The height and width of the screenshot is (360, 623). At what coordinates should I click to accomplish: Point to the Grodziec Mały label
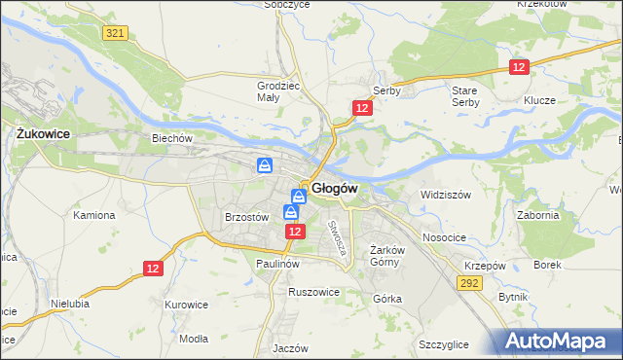coord(276,91)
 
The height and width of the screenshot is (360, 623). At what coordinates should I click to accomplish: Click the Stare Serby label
coord(465,96)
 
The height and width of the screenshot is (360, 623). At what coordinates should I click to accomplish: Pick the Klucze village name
coord(538,100)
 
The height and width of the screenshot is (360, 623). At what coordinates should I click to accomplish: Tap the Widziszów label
coord(445,195)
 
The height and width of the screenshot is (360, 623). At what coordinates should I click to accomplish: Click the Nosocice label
coord(444,237)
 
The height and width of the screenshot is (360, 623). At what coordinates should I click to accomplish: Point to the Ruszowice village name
coord(313,291)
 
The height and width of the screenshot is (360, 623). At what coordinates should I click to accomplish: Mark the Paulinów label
coord(276,264)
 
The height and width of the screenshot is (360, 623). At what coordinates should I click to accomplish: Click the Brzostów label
coord(245,218)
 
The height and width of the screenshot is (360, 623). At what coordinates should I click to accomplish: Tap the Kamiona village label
coord(93,214)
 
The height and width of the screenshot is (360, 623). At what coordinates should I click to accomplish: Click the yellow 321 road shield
coord(114,33)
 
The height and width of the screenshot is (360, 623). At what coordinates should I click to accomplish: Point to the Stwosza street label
coord(337,237)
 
